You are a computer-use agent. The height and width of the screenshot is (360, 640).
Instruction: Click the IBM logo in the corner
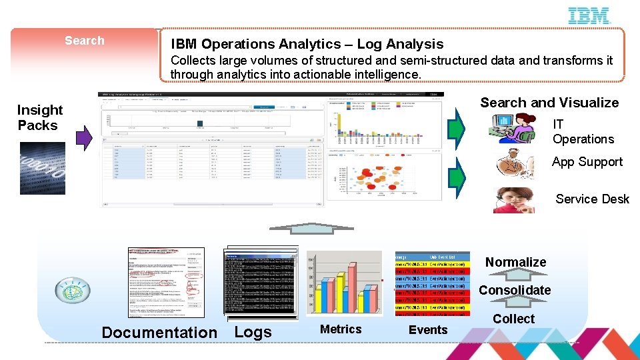point(589,16)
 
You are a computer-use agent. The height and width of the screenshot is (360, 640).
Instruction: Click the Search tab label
point(85,41)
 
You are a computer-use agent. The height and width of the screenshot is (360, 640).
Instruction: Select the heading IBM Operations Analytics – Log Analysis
point(307,44)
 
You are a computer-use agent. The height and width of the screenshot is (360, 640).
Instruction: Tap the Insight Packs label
point(39,117)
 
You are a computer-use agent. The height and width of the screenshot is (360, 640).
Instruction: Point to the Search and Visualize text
point(549,103)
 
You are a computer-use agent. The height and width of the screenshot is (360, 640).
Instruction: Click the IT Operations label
point(583,132)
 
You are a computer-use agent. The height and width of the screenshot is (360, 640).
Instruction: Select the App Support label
point(587,162)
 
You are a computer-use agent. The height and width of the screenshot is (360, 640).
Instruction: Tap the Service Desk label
point(592,199)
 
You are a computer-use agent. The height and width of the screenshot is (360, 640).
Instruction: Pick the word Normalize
point(515,262)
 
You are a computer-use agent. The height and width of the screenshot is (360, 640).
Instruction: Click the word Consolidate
point(515,290)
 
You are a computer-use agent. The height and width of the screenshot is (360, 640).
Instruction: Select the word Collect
point(513,319)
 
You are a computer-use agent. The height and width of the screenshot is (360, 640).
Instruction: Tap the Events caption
point(428,329)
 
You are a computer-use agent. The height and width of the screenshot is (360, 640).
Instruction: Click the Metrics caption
point(341,329)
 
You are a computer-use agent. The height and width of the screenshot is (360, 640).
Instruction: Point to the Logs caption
point(253,332)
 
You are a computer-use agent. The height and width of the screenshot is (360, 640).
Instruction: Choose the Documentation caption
point(159,332)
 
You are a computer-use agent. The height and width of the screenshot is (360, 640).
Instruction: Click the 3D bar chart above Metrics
point(344,283)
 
